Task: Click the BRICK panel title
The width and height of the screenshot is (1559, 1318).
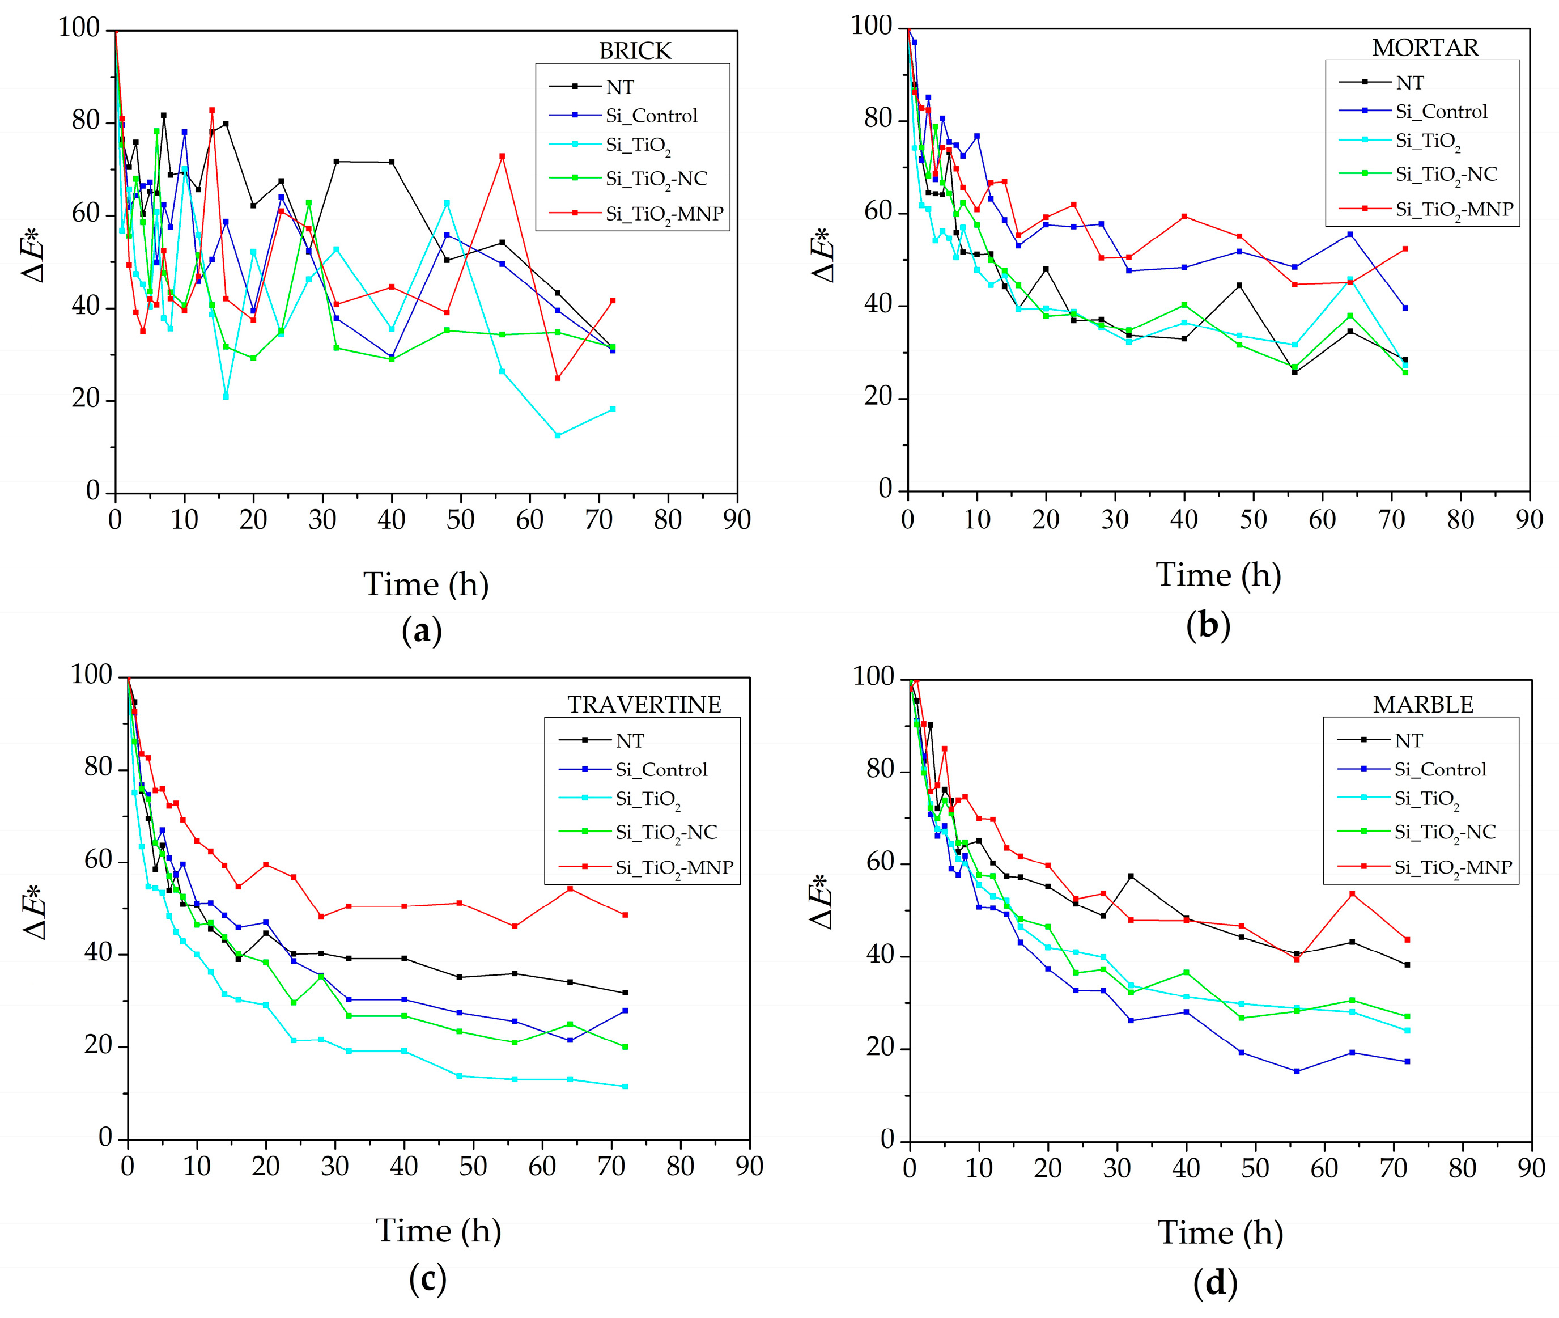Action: pyautogui.click(x=635, y=51)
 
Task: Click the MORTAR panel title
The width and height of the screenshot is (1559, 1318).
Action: pyautogui.click(x=1425, y=48)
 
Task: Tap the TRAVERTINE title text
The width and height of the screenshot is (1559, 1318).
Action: pyautogui.click(x=644, y=705)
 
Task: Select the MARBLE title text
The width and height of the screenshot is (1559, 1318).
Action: pyautogui.click(x=1422, y=705)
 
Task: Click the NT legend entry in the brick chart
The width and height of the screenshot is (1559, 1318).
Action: pyautogui.click(x=619, y=87)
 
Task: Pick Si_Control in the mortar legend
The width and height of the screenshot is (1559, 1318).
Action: pyautogui.click(x=1441, y=112)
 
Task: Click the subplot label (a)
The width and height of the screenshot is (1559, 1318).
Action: pyautogui.click(x=422, y=632)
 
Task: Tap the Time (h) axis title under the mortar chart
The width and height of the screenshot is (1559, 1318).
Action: pyautogui.click(x=1218, y=575)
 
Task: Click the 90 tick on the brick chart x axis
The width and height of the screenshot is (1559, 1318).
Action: pyautogui.click(x=737, y=520)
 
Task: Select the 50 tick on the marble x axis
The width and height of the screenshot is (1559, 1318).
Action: pyautogui.click(x=1255, y=1167)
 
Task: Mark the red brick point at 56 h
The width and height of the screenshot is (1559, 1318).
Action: pyautogui.click(x=502, y=156)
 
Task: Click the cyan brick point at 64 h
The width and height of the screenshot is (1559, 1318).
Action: pyautogui.click(x=557, y=435)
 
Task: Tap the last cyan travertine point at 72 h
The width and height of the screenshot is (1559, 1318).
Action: pyautogui.click(x=625, y=1086)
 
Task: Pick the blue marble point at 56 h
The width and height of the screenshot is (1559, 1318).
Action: pyautogui.click(x=1296, y=1071)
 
